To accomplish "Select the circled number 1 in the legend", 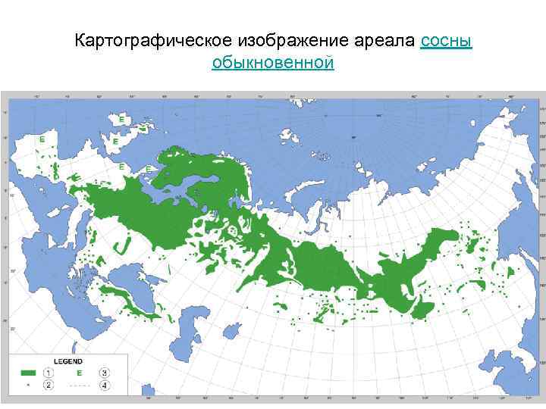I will pos(49,373).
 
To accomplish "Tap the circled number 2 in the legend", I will pos(49,386).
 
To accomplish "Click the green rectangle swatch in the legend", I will pos(28,373).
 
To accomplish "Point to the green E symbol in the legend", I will pos(78,373).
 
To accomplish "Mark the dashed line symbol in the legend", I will pos(80,386).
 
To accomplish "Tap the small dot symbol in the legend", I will pos(28,386).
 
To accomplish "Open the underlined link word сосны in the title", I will pos(446,40).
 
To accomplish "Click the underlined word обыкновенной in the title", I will pos(273,62).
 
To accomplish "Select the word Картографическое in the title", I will pos(145,40).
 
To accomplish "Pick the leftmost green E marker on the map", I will pos(42,140).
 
